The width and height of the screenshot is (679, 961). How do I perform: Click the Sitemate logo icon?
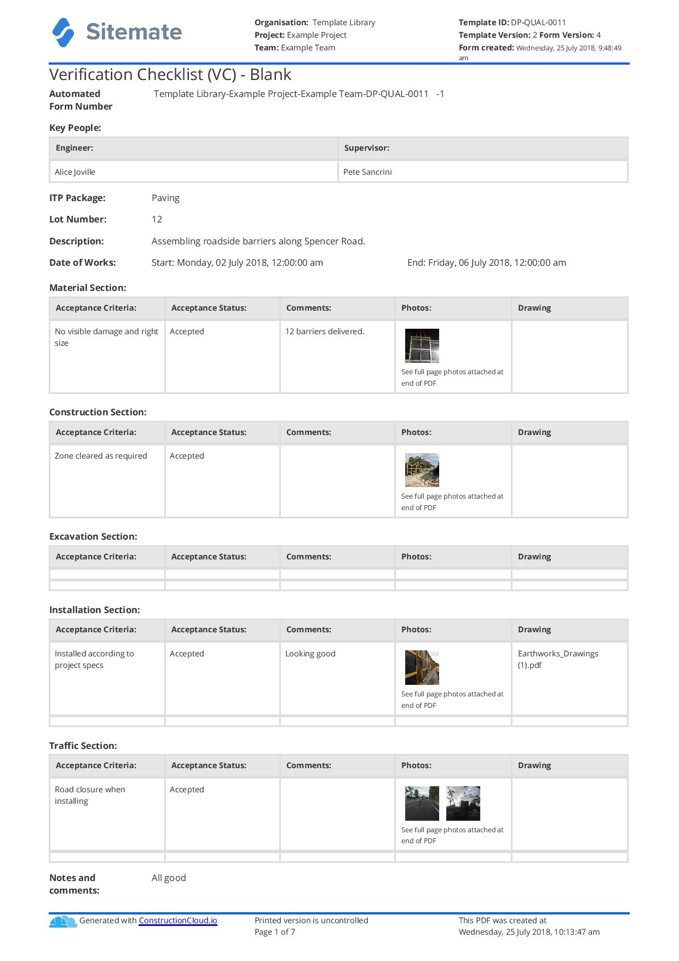63,32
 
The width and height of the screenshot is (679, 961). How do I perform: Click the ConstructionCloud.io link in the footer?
178,920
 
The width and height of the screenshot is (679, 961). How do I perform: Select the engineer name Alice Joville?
75,172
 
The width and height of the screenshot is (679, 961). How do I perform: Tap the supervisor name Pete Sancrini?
367,172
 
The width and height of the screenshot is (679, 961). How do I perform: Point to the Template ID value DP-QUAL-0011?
538,22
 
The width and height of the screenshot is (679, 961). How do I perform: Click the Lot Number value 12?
157,219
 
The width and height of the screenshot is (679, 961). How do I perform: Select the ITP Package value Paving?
165,198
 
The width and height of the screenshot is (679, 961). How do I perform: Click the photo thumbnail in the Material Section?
422,346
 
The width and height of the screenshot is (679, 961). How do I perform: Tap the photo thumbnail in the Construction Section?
422,470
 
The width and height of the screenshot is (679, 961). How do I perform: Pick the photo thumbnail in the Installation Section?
422,667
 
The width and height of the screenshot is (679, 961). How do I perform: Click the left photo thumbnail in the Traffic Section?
422,803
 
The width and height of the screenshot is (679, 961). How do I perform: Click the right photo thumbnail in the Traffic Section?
463,803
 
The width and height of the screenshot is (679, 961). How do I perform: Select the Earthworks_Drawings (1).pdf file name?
557,659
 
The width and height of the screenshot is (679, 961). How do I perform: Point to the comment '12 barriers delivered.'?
325,331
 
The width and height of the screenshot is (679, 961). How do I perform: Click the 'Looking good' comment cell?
310,654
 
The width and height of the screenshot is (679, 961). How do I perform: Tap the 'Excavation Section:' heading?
93,536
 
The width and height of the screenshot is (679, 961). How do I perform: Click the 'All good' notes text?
169,878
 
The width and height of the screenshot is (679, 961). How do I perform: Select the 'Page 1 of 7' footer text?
275,932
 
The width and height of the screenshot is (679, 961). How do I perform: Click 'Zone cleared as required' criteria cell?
101,456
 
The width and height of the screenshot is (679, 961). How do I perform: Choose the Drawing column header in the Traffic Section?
534,765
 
